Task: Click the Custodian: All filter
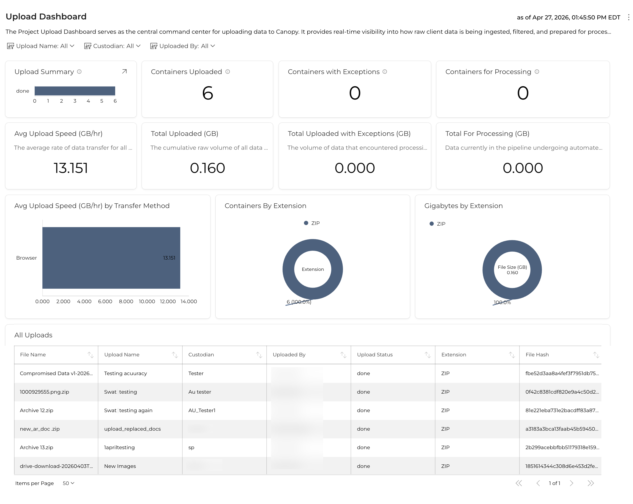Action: pos(112,46)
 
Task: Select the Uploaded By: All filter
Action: pos(183,46)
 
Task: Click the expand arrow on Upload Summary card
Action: pos(125,71)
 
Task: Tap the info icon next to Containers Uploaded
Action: pos(228,72)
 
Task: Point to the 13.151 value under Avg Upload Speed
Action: pos(71,168)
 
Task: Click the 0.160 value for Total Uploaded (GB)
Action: pos(207,168)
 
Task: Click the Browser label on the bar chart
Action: pos(26,258)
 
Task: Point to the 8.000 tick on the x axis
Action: pos(126,302)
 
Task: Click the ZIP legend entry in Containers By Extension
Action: pos(312,223)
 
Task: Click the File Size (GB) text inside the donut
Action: pos(512,267)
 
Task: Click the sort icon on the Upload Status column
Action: pos(427,355)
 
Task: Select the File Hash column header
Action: pos(537,355)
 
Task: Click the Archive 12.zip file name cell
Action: pos(37,410)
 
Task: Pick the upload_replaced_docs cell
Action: pos(132,429)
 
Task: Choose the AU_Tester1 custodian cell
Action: pos(202,410)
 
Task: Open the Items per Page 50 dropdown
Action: pos(68,483)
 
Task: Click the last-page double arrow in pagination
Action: pos(591,483)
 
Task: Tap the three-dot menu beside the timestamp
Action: pos(628,17)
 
